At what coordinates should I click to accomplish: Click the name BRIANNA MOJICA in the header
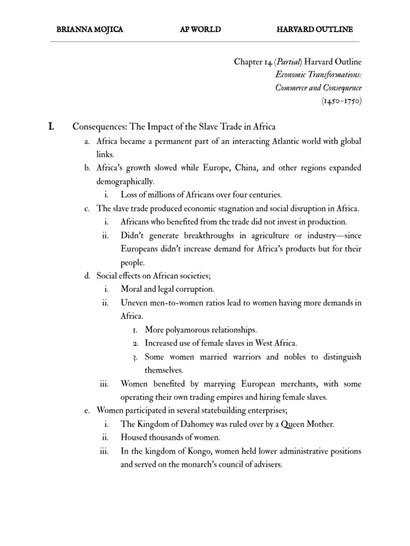90,28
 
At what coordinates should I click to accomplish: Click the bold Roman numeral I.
52,126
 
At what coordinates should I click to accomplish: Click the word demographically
125,181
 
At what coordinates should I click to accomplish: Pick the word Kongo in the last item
186,451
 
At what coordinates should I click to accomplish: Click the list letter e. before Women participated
88,411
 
